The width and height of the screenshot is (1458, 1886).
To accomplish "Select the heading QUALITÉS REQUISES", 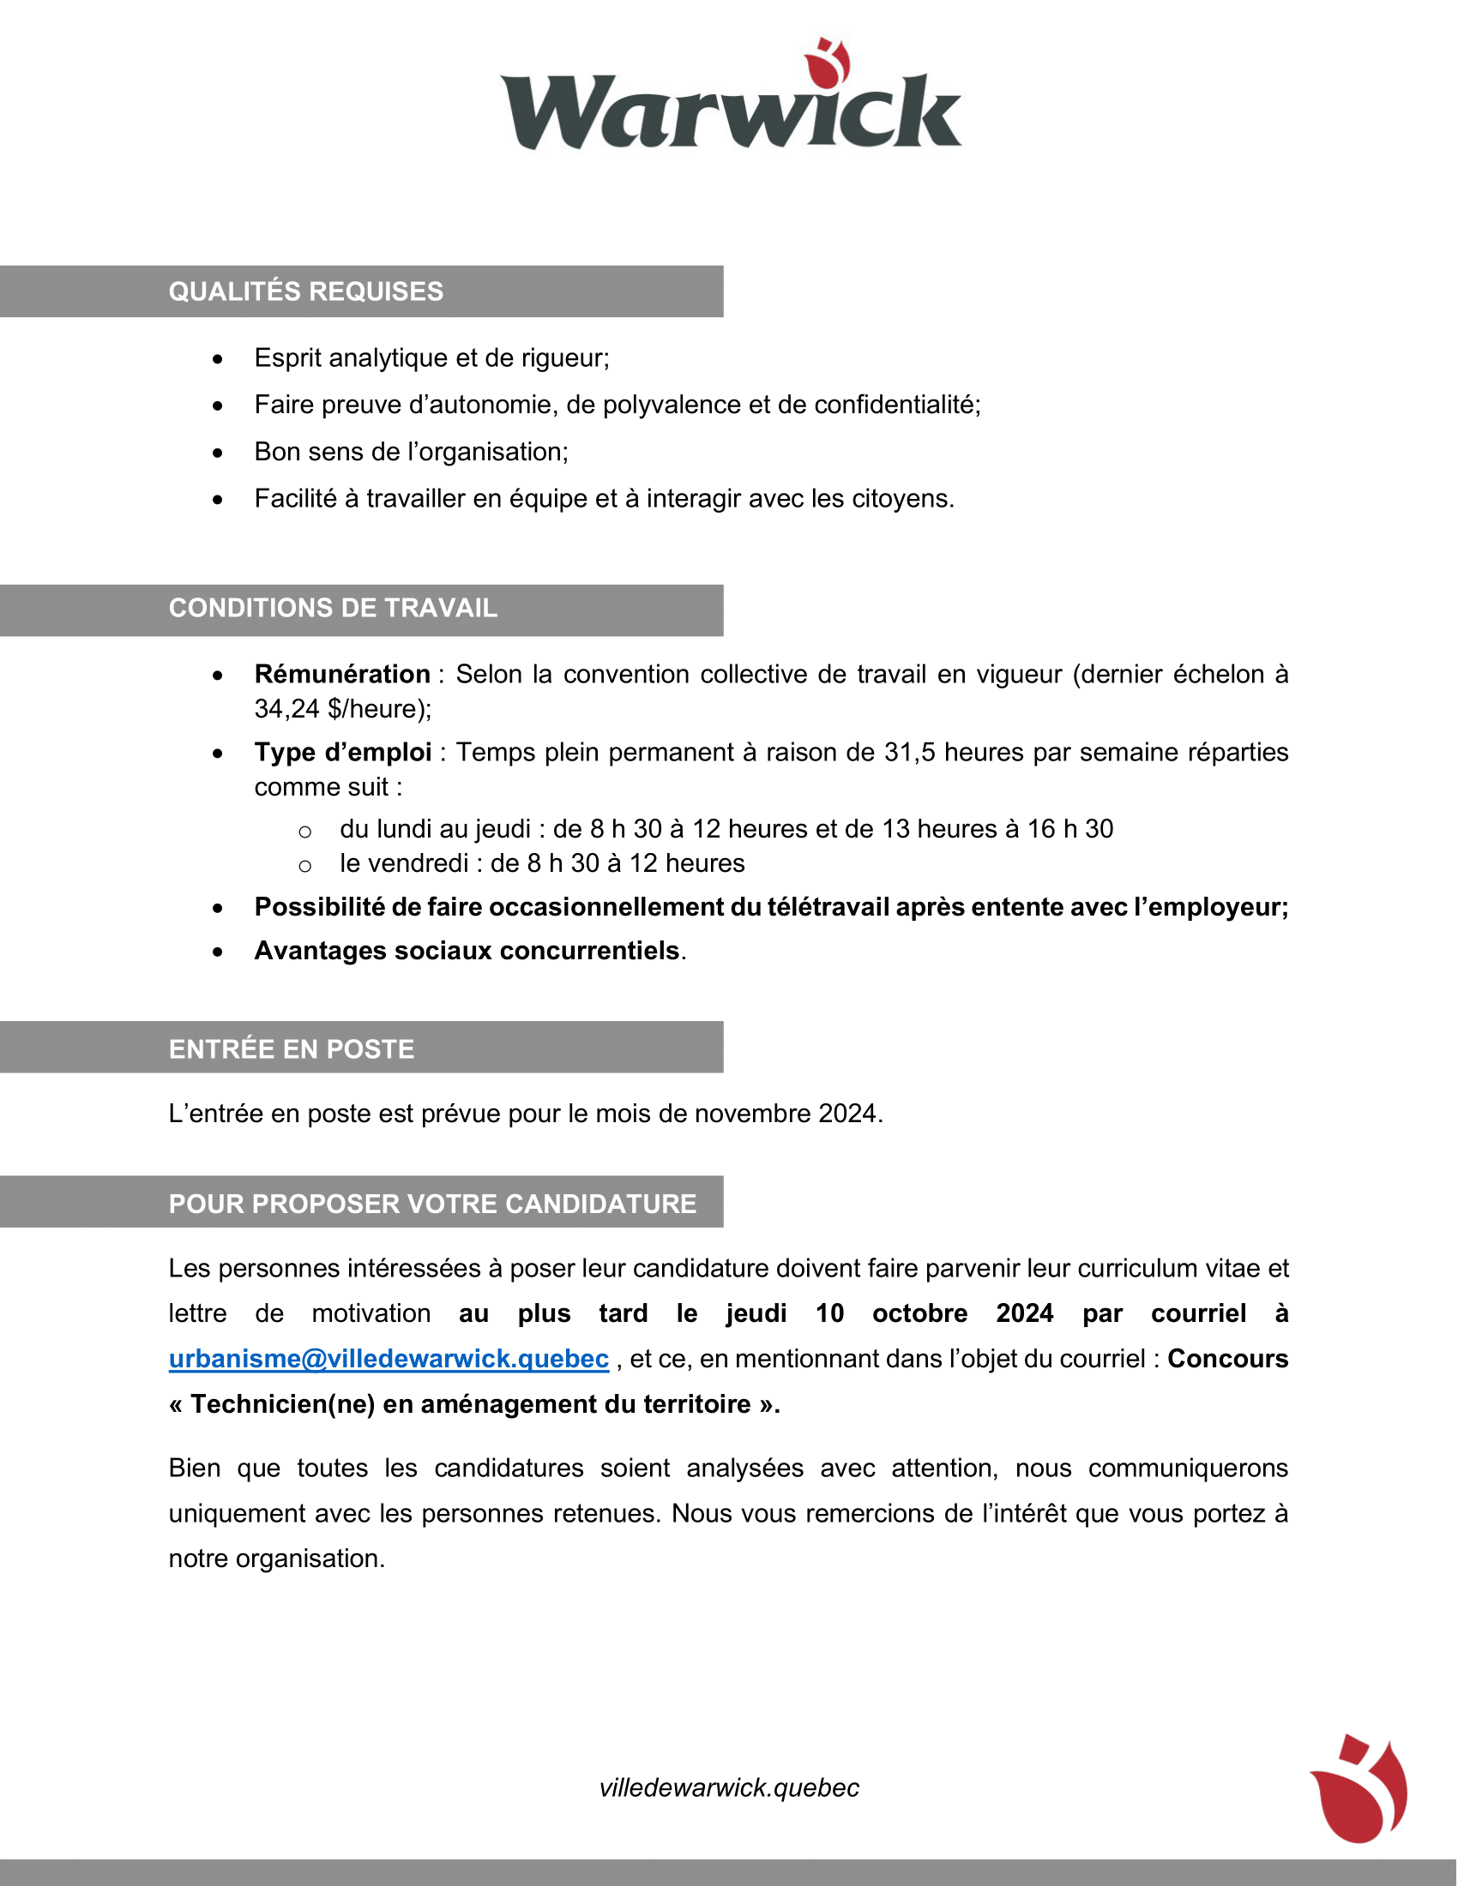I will point(306,291).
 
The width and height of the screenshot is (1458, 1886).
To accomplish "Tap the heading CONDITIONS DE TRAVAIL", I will point(333,608).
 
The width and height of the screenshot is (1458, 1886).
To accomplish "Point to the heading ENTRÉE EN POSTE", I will point(291,1048).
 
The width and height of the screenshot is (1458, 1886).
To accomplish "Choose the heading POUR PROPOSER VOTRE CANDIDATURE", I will point(432,1203).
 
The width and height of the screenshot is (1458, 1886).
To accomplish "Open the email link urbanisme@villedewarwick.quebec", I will point(389,1359).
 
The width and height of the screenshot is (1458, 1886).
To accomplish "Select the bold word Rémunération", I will point(342,674).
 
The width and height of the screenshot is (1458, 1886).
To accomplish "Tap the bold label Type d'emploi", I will point(343,752).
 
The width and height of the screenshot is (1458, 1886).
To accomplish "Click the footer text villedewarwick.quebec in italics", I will point(729,1787).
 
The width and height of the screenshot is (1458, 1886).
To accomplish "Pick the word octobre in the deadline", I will point(919,1313).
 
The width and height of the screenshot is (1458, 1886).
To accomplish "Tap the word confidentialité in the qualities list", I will point(896,405).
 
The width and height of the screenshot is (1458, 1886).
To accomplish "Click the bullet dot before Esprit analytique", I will point(218,359).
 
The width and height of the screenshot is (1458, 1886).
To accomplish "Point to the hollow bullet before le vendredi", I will point(304,865).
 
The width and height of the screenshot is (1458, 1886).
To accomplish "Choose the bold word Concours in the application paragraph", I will point(1226,1359).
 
